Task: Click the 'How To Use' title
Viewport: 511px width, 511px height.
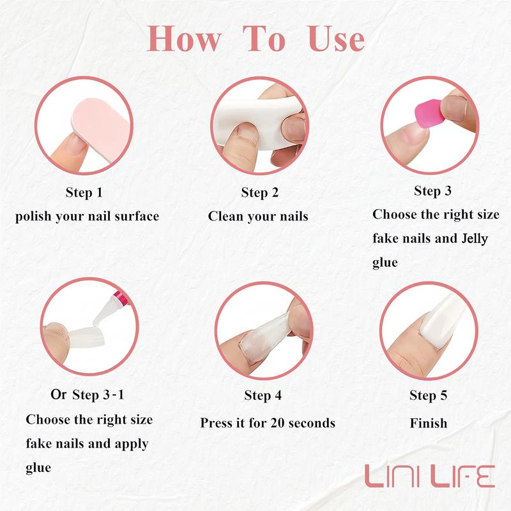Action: pyautogui.click(x=256, y=40)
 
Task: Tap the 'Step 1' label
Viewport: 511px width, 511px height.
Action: pyautogui.click(x=84, y=192)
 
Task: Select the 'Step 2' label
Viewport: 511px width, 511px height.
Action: pyautogui.click(x=259, y=192)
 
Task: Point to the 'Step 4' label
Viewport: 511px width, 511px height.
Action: pyautogui.click(x=263, y=396)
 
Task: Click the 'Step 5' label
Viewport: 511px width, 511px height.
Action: pyautogui.click(x=428, y=396)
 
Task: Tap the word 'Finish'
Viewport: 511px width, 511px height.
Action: pyautogui.click(x=428, y=423)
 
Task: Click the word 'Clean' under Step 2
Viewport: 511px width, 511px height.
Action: pyautogui.click(x=228, y=217)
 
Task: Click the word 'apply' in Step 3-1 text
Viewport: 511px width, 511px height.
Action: pyautogui.click(x=132, y=443)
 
